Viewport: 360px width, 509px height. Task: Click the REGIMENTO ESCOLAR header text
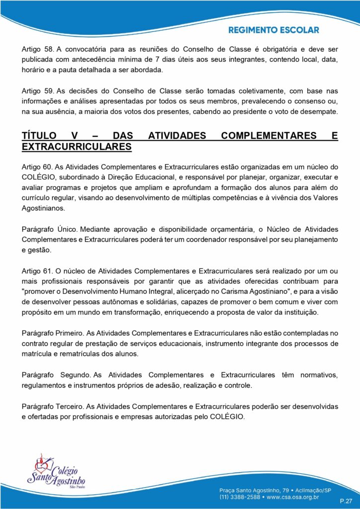pyautogui.click(x=273, y=30)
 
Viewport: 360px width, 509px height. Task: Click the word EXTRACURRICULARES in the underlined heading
pyautogui.click(x=77, y=147)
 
